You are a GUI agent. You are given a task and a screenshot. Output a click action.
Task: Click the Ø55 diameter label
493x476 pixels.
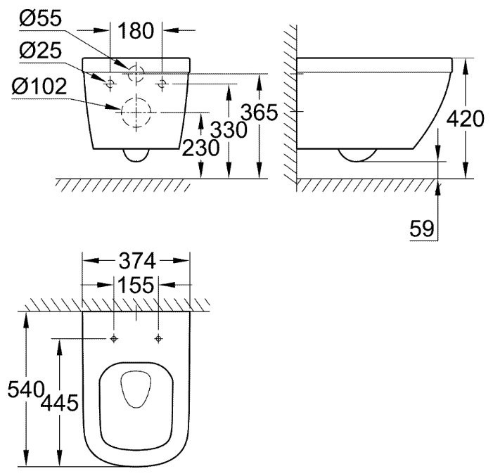point(41,18)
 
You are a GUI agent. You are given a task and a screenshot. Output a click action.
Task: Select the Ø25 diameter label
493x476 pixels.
point(41,51)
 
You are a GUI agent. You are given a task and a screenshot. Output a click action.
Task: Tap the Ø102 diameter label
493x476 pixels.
point(39,86)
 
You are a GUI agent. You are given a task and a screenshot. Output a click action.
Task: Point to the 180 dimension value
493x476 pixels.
point(136,30)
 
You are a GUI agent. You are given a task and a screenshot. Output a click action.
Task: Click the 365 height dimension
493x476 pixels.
point(260,112)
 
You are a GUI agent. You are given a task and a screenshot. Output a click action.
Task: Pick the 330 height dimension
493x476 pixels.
point(229,129)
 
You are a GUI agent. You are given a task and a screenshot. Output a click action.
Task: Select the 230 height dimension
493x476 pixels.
point(201,148)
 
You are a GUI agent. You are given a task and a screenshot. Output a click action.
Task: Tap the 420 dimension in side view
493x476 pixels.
point(466,119)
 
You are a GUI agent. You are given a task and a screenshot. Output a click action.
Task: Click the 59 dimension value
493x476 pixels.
point(422,229)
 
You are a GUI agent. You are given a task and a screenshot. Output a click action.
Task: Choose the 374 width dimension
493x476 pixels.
point(137,261)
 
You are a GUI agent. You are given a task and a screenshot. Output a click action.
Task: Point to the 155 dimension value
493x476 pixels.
point(136,285)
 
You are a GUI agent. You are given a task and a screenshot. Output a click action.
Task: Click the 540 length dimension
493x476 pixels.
point(26,389)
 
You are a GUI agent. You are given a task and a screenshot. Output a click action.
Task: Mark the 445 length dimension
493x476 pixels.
point(59,403)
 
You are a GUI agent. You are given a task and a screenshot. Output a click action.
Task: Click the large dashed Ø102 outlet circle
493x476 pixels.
point(136,112)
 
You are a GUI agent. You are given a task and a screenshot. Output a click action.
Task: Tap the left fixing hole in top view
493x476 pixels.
point(114,339)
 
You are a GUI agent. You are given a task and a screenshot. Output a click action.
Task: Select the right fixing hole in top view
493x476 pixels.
point(158,339)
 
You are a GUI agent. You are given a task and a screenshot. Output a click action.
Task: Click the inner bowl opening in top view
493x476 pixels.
point(136,390)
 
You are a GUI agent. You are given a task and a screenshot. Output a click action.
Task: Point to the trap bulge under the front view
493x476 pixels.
point(136,155)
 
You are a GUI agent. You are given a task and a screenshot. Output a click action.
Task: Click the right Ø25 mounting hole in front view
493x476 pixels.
point(162,84)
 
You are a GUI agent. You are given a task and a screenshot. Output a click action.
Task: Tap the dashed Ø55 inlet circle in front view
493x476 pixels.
point(136,72)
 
